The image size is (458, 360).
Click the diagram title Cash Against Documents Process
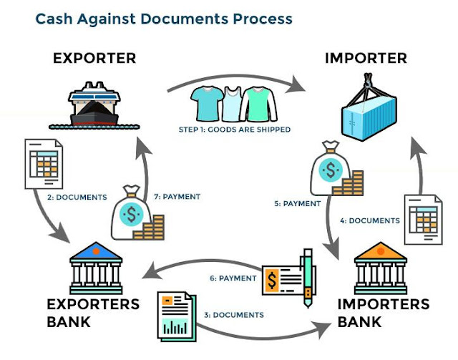click(164, 18)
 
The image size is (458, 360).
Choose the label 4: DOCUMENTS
click(370, 220)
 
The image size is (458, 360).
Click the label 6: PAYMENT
click(232, 278)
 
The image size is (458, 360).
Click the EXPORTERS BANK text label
click(93, 313)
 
